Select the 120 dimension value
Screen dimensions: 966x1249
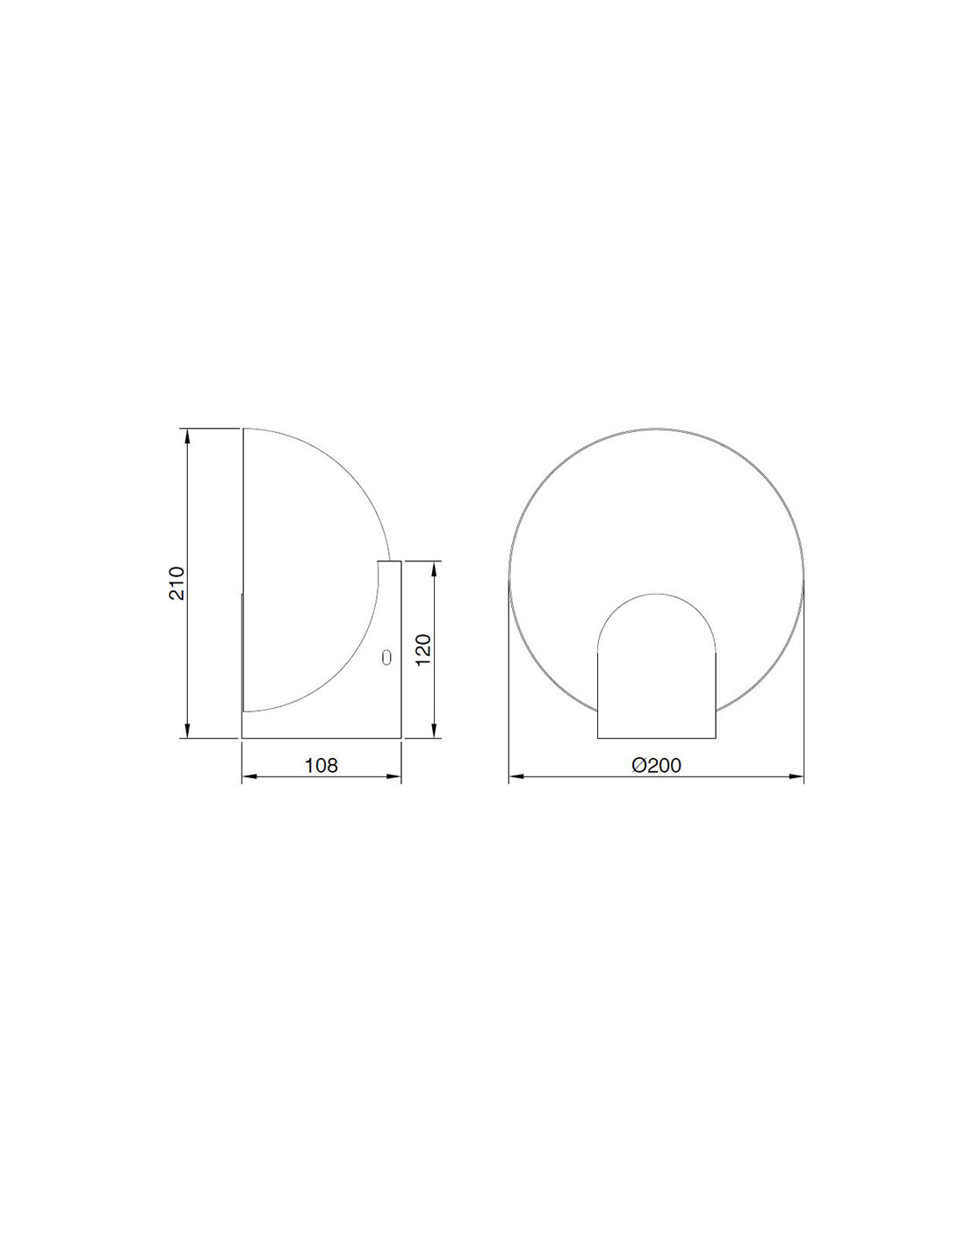point(422,650)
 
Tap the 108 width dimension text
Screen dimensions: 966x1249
point(321,765)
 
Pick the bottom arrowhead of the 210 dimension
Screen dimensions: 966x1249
point(187,731)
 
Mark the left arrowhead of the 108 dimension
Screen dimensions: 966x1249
point(249,777)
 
